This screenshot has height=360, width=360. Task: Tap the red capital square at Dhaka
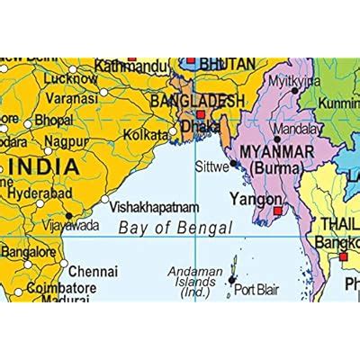(x=200, y=115)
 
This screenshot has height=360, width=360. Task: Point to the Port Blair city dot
(x=232, y=280)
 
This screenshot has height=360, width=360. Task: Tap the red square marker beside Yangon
(x=277, y=211)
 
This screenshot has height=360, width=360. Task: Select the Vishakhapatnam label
(x=154, y=206)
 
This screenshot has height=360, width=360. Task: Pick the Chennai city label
(x=93, y=270)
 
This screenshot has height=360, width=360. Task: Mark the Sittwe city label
(x=212, y=166)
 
